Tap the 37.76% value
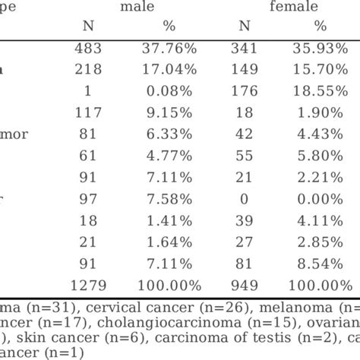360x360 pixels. [x=172, y=48]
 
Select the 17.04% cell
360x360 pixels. [x=172, y=69]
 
